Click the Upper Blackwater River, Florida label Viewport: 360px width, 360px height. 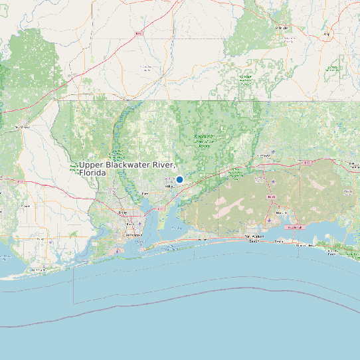(126, 168)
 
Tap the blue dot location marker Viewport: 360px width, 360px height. (179, 179)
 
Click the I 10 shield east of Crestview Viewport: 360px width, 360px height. (307, 163)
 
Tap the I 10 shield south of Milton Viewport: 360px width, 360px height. (161, 208)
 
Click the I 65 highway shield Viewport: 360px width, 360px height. (139, 33)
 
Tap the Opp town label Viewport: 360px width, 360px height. (326, 33)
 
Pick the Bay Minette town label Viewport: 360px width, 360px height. (24, 126)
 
